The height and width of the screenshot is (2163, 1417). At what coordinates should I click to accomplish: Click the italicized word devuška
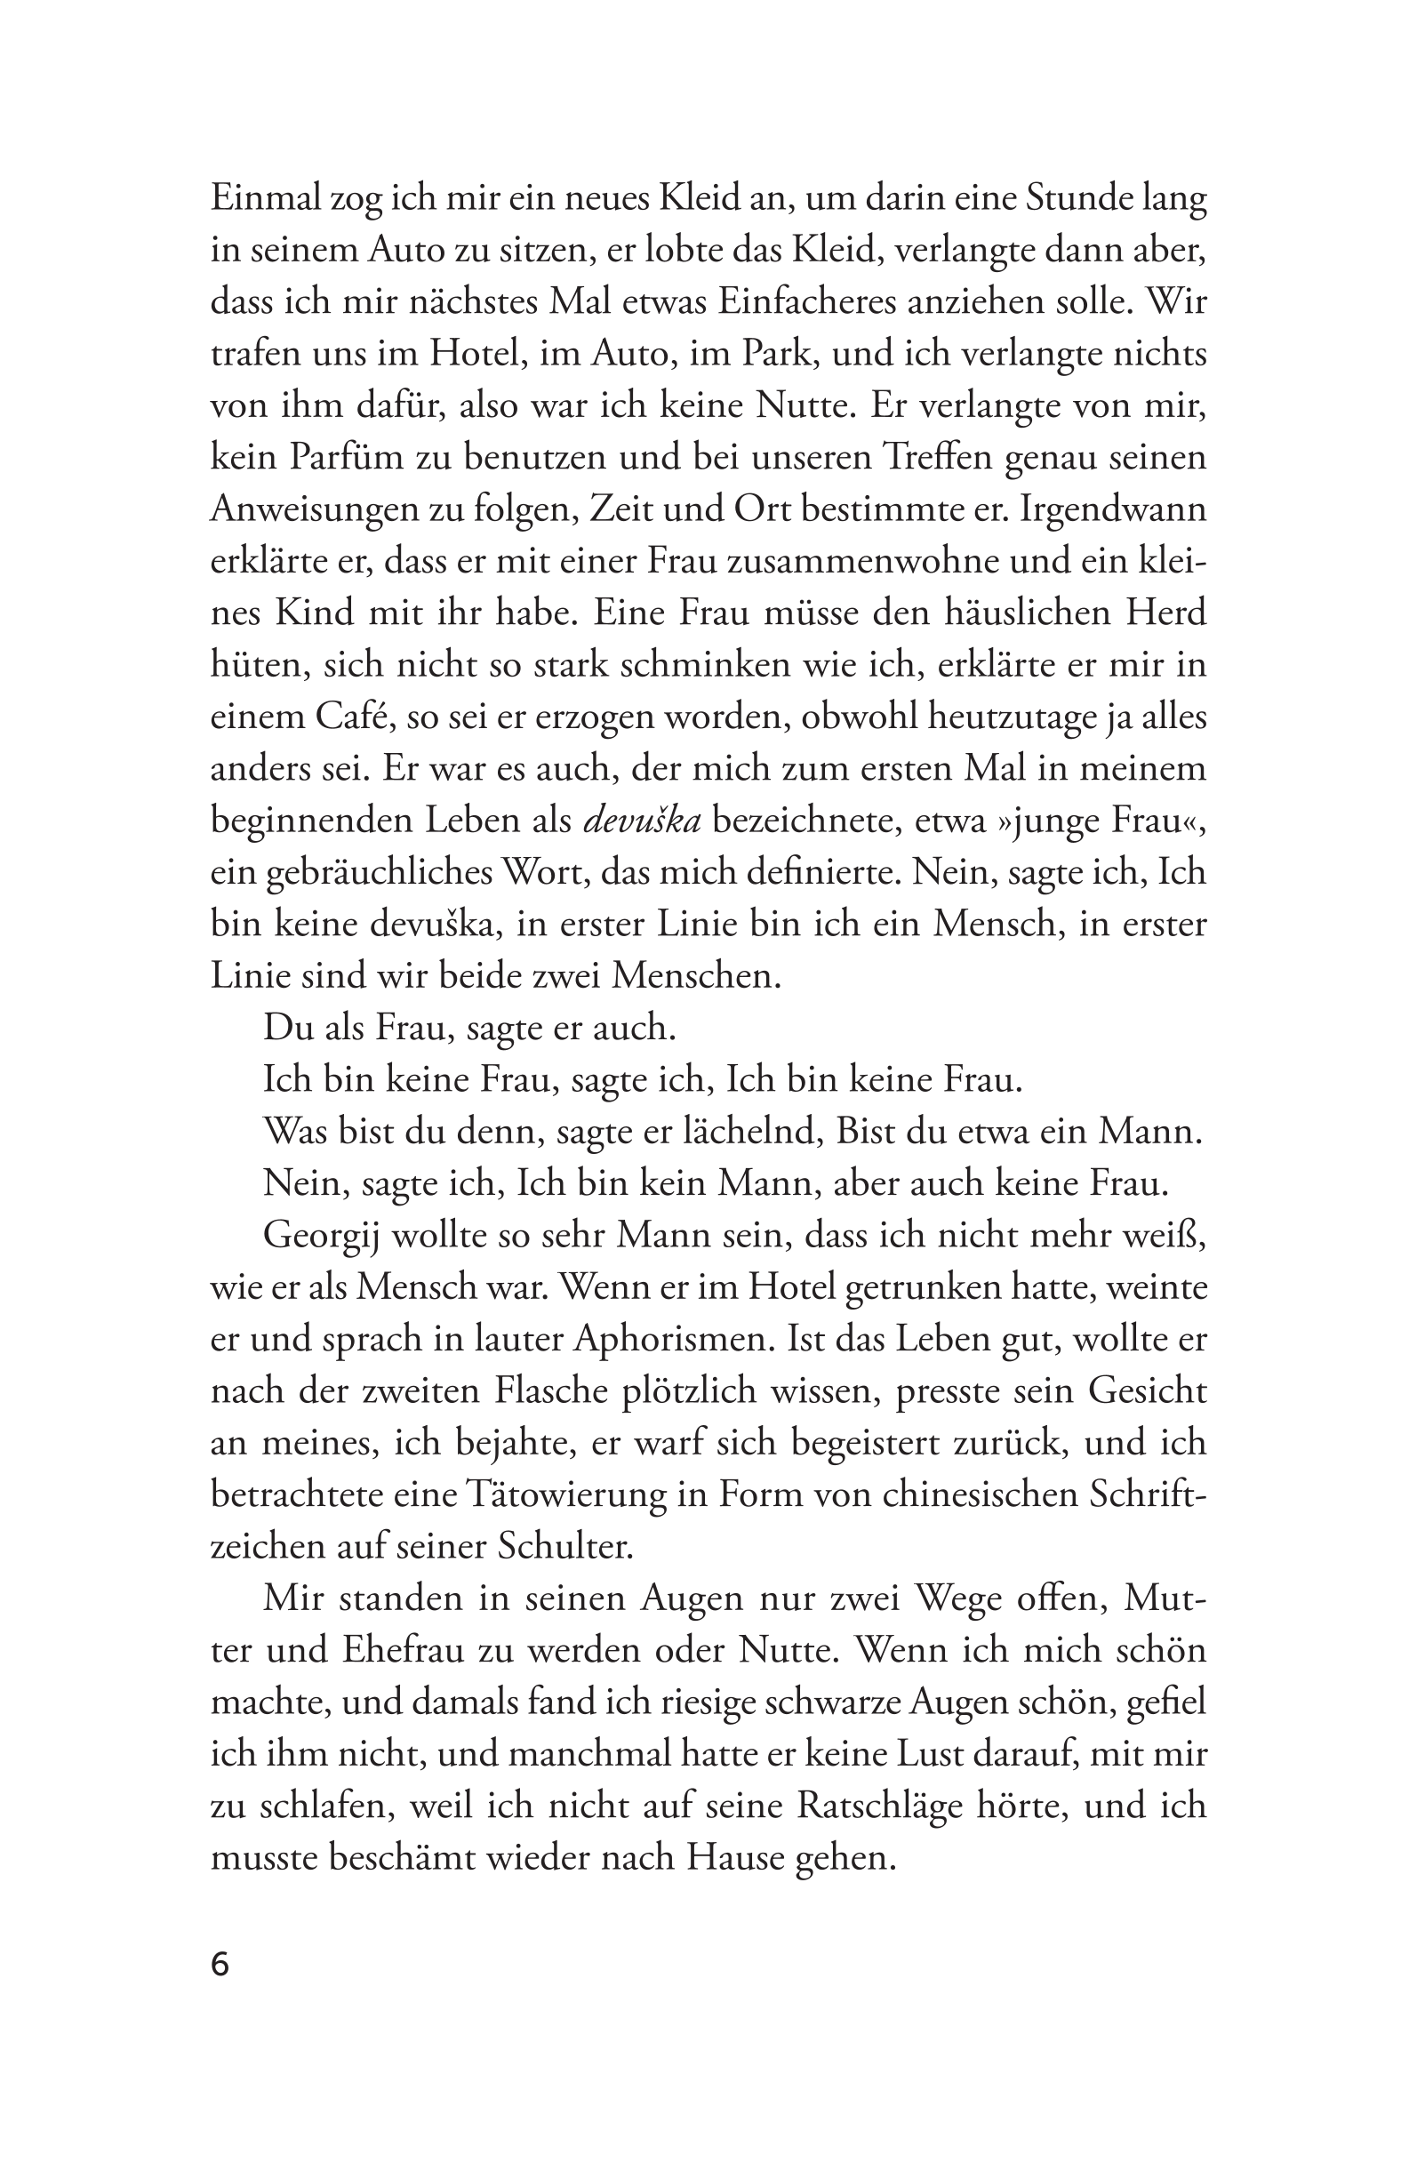point(642,821)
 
